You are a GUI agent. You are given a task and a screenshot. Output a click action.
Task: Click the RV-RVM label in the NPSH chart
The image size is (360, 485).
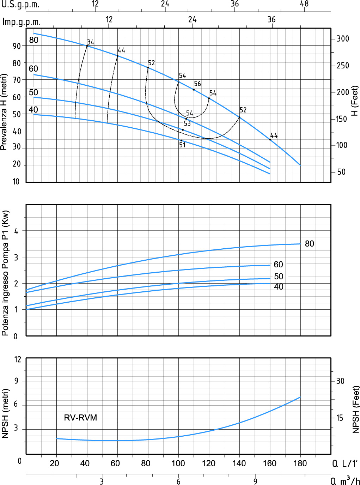pyautogui.click(x=80, y=418)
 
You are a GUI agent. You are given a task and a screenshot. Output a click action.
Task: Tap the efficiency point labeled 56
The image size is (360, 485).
pyautogui.click(x=194, y=90)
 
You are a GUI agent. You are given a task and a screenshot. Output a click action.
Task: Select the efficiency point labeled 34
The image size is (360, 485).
pyautogui.click(x=87, y=46)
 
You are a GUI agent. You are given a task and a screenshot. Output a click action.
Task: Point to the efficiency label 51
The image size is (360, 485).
pyautogui.click(x=182, y=145)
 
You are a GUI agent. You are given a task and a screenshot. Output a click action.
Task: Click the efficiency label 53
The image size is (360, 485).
pyautogui.click(x=187, y=123)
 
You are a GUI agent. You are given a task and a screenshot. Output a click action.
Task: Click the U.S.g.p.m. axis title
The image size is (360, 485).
pyautogui.click(x=20, y=5)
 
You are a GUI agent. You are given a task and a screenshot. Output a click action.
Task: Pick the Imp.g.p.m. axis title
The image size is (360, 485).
pyautogui.click(x=22, y=22)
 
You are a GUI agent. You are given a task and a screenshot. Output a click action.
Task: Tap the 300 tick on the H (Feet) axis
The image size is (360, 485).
pyautogui.click(x=342, y=39)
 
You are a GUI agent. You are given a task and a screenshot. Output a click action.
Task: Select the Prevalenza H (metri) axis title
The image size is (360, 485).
pyautogui.click(x=4, y=112)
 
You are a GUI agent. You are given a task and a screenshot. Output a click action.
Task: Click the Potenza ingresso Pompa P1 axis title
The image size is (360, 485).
pyautogui.click(x=5, y=273)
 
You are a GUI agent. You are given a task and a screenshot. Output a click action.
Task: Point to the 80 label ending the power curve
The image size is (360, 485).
pyautogui.click(x=309, y=244)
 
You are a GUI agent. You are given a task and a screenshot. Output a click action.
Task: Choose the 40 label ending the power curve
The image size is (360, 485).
pyautogui.click(x=279, y=287)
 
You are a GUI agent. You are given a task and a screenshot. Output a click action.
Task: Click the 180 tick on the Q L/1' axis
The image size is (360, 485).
pyautogui.click(x=300, y=463)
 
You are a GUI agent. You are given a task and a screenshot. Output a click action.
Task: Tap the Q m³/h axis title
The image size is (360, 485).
pyautogui.click(x=345, y=480)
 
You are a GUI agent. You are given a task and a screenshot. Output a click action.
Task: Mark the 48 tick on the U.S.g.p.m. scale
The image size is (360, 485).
pyautogui.click(x=304, y=4)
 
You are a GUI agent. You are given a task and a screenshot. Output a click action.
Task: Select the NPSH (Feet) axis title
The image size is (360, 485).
pyautogui.click(x=356, y=410)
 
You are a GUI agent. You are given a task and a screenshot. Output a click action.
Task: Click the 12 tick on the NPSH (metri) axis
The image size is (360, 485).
pyautogui.click(x=18, y=359)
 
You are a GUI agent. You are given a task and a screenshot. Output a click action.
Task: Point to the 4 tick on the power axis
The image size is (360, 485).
pyautogui.click(x=16, y=231)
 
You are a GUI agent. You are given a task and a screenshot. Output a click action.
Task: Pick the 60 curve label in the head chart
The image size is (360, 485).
pyautogui.click(x=33, y=68)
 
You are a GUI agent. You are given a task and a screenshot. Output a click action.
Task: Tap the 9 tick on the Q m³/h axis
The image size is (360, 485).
pyautogui.click(x=255, y=481)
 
